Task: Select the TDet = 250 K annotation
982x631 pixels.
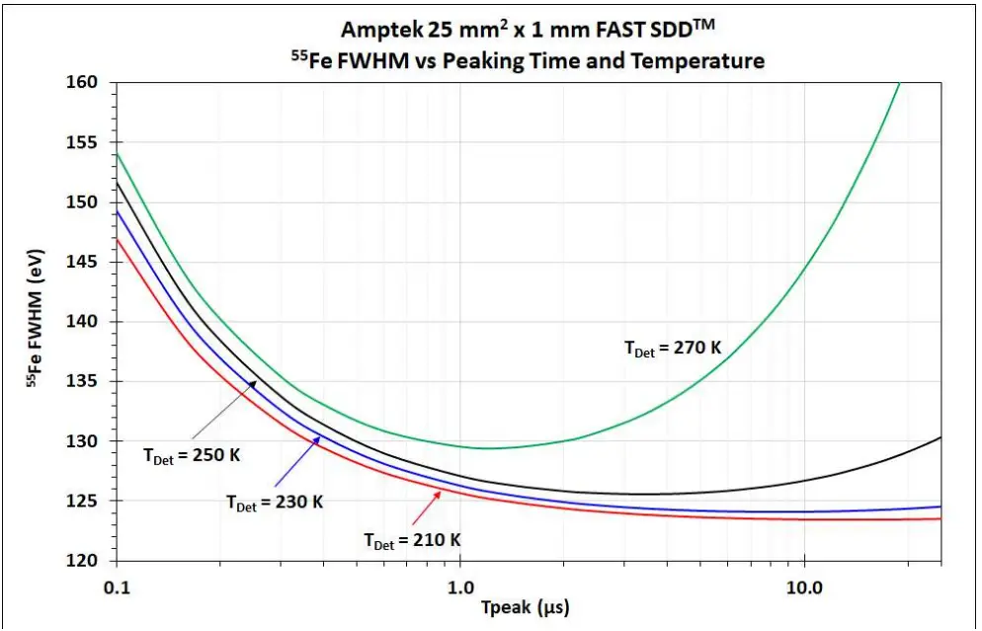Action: (192, 457)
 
